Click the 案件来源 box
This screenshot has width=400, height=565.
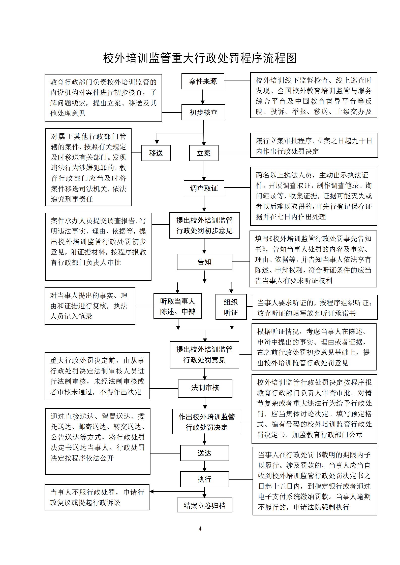point(203,81)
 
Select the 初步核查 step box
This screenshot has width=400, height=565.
point(203,112)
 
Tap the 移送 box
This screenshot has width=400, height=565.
point(156,153)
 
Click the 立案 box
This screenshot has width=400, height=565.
point(204,153)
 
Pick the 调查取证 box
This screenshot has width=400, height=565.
point(204,188)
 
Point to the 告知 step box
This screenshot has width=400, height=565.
point(204,262)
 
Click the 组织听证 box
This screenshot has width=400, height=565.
point(231,307)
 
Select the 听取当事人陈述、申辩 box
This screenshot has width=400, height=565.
point(177,306)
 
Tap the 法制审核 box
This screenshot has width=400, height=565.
point(205,388)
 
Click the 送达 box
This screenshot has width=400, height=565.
point(204,453)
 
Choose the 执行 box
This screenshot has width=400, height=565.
point(204,479)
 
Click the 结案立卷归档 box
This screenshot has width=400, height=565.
point(204,505)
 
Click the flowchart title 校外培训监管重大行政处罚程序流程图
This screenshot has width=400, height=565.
point(200,58)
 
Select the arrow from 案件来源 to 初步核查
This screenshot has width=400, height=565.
point(203,97)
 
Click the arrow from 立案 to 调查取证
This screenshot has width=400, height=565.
point(204,171)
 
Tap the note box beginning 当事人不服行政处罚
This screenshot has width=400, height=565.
point(97,497)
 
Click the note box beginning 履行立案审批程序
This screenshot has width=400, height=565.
point(314,145)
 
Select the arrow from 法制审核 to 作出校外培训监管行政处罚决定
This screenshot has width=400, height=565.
point(205,403)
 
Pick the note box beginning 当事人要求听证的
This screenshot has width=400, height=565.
point(315,307)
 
